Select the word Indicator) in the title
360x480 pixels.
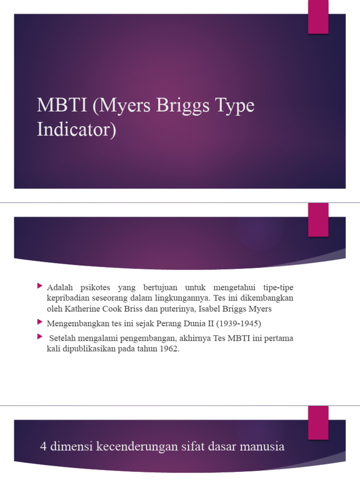76,129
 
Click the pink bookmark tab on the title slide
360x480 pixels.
318,17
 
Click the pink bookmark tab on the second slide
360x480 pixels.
318,220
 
